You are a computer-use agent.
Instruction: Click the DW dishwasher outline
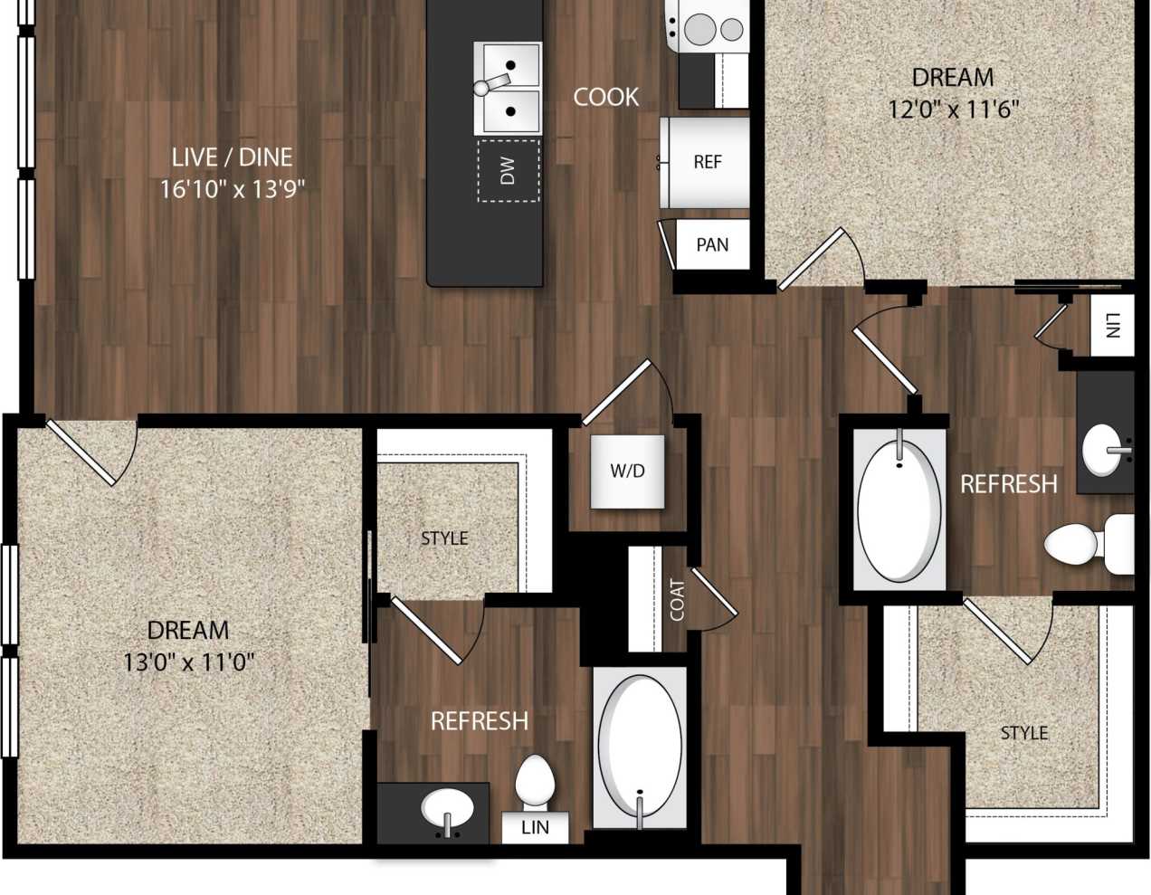click(x=508, y=170)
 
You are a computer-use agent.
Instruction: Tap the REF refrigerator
click(x=707, y=162)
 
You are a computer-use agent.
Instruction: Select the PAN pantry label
click(x=712, y=244)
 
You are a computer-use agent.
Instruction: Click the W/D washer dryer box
click(x=627, y=471)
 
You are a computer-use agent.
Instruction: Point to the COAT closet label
click(x=677, y=599)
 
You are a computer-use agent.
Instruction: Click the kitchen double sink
click(x=508, y=88)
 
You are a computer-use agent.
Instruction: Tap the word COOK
click(x=605, y=97)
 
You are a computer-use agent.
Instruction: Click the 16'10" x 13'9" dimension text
click(x=232, y=190)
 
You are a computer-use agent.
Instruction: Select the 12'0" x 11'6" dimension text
click(x=953, y=110)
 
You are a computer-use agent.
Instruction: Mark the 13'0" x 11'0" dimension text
click(x=188, y=662)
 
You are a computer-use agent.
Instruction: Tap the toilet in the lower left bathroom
click(x=534, y=784)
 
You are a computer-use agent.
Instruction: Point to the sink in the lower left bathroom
click(x=446, y=807)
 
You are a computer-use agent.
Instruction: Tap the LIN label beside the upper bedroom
click(x=1112, y=325)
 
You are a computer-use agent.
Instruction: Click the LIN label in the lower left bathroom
click(x=535, y=827)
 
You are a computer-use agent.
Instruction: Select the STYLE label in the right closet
click(x=1024, y=733)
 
